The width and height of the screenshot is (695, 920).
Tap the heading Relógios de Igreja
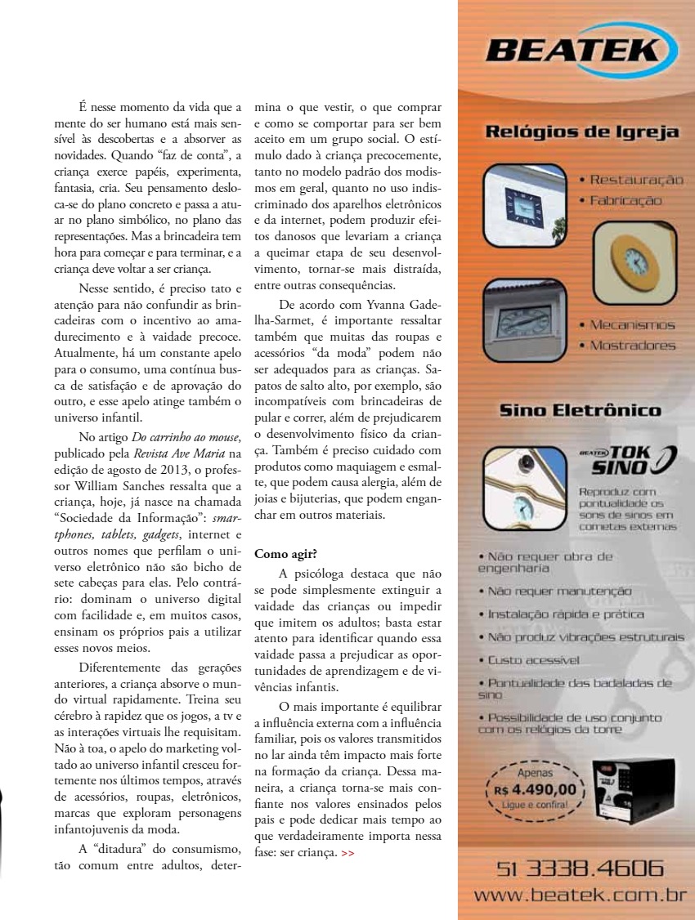pyautogui.click(x=581, y=132)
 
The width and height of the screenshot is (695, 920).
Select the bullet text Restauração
pyautogui.click(x=635, y=180)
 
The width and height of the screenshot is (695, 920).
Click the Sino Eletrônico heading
pyautogui.click(x=581, y=410)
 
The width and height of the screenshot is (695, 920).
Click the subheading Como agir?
pyautogui.click(x=280, y=554)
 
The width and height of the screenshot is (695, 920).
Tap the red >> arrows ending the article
pyautogui.click(x=348, y=852)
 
